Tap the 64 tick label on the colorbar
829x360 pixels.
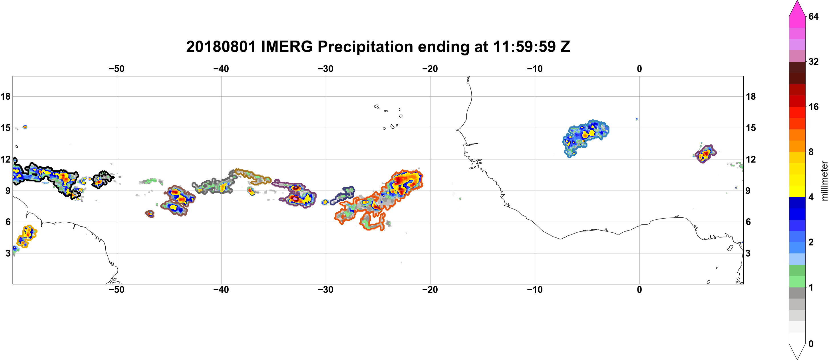813,16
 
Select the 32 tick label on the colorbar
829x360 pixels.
813,61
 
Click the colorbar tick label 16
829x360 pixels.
813,107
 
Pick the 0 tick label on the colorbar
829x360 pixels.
811,344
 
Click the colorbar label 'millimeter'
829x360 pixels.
824,181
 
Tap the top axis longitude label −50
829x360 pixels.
116,69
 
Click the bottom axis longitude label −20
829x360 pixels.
430,289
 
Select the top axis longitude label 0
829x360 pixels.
639,69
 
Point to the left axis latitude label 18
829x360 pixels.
5,96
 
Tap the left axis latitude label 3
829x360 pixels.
8,253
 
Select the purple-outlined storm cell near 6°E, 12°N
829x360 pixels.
705,154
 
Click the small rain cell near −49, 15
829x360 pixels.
25,127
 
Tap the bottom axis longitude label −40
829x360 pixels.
221,289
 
